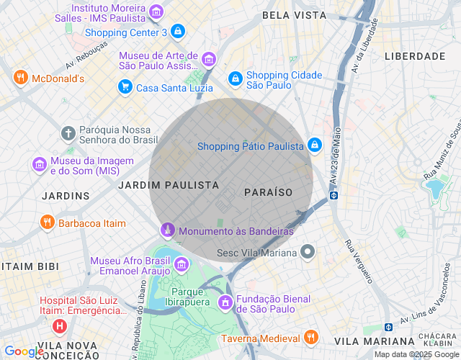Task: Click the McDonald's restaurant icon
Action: coord(20,78)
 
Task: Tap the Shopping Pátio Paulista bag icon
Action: coord(315,145)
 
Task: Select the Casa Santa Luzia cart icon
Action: coord(125,87)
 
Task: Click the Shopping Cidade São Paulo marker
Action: coord(235,78)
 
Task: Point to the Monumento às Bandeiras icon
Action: coord(167,230)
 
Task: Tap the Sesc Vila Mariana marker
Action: coord(308,252)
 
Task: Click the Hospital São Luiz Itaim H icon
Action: coord(60,325)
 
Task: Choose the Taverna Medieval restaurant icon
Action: coord(310,338)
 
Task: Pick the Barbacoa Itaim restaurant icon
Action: coord(48,222)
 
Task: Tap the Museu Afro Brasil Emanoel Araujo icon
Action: coord(180,266)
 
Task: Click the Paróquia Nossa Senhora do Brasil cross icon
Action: coord(68,133)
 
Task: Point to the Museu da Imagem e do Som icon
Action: coord(39,164)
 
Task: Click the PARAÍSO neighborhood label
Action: coord(268,192)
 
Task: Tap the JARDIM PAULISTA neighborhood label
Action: coord(169,185)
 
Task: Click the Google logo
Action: coord(23,351)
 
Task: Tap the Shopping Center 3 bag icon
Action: coord(178,32)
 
